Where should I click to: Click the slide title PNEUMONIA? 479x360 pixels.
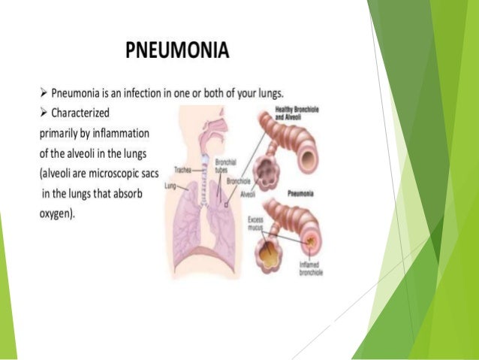[x=178, y=52]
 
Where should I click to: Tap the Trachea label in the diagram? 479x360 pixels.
[x=183, y=171]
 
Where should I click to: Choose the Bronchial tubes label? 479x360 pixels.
[x=225, y=166]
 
